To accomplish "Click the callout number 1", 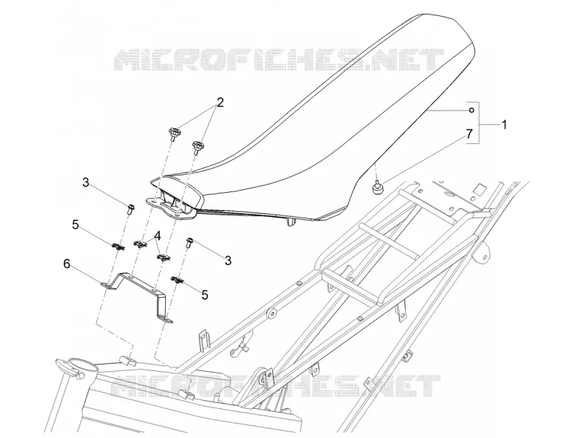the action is pos(504,124).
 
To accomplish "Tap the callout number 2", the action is pos(220,103).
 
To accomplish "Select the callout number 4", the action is pos(157,235).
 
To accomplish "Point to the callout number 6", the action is pos(67,264).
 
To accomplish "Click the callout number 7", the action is pos(469,134).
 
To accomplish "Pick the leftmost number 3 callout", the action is pos(86,183).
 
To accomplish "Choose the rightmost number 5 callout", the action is pos(204,295).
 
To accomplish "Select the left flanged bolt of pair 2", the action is pos(173,134).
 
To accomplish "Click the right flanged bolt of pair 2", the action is pos(196,147).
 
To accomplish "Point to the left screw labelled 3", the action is pos(130,209).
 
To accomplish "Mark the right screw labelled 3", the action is pos(189,243).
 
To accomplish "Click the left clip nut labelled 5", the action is pos(119,246).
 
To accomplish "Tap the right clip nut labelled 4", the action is pos(163,258).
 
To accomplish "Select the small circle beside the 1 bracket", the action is pos(471,110).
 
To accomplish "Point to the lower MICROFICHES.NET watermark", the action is pos(276,386).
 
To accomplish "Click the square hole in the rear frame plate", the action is pos(481,190).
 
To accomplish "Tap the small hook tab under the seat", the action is pos(290,222).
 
